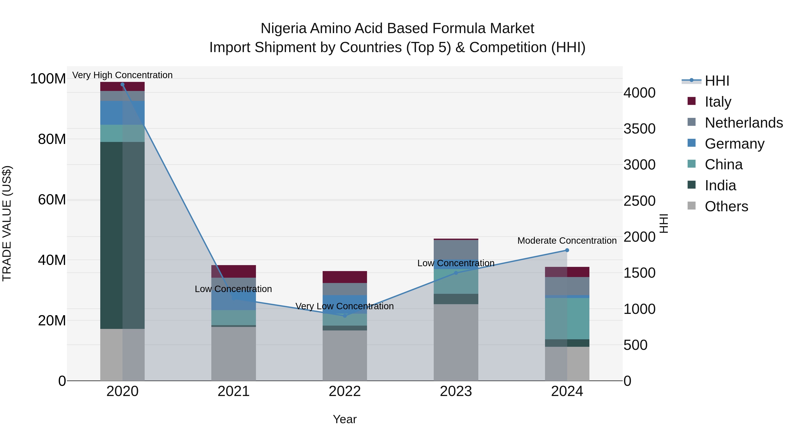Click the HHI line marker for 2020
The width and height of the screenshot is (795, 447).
(x=123, y=85)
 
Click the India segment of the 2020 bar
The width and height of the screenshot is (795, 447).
(x=123, y=235)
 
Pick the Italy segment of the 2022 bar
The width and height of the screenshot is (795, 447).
(x=345, y=277)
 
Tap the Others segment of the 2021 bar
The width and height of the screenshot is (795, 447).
(x=234, y=354)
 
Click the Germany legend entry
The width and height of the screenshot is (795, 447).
(x=734, y=144)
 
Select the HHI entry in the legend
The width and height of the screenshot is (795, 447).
(x=717, y=81)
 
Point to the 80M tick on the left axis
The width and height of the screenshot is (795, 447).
(x=52, y=139)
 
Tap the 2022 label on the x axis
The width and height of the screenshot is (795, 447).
(x=345, y=391)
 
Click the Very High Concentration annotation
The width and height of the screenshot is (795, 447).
(x=123, y=75)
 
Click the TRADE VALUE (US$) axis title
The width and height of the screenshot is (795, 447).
(x=7, y=223)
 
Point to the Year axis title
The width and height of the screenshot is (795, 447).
(x=345, y=419)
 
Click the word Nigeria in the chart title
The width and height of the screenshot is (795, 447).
(x=284, y=28)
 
